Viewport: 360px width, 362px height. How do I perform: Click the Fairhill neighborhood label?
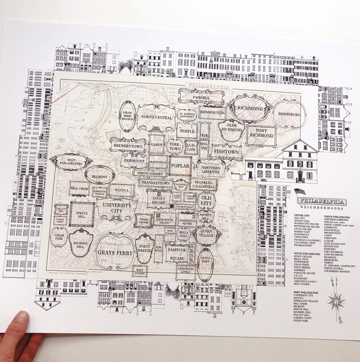pos(201,96)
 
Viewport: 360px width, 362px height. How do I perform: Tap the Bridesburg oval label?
pos(289,115)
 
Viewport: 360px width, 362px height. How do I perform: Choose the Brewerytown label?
pos(128,145)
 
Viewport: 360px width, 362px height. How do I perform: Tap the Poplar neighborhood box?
pos(180,166)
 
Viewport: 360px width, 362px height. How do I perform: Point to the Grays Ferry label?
pos(115,252)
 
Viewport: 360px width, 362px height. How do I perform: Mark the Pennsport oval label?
pos(205,264)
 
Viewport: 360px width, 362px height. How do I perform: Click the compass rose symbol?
pos(336,301)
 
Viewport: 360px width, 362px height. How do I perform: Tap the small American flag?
pos(300,192)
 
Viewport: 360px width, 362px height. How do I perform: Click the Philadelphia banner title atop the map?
pos(208,85)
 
